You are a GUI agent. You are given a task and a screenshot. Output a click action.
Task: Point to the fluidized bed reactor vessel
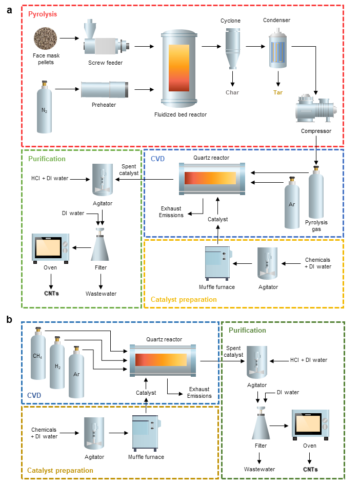(x=179, y=67)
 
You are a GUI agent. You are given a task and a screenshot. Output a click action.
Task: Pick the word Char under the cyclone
(x=232, y=93)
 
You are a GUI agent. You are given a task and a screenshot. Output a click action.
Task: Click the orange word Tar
(x=278, y=93)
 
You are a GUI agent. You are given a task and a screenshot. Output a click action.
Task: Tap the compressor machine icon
(x=316, y=110)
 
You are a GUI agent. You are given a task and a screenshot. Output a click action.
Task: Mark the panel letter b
(x=9, y=319)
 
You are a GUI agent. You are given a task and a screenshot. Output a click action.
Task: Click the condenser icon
(x=277, y=48)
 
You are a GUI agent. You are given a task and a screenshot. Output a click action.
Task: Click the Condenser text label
(x=276, y=21)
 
